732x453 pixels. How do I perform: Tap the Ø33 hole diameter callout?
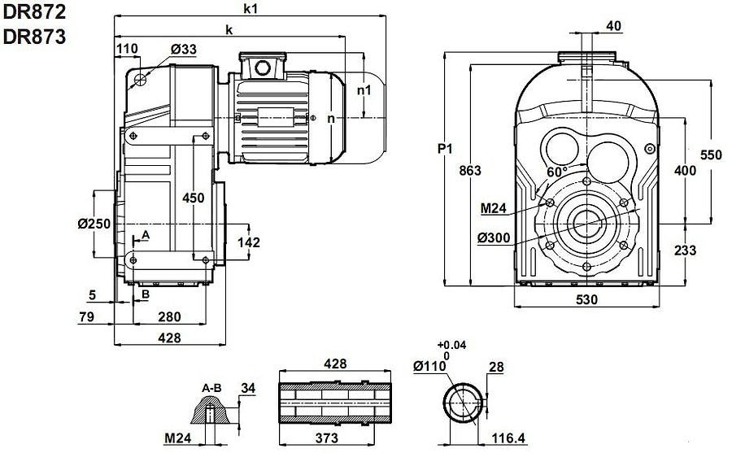(184, 50)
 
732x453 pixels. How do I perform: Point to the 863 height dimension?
(471, 171)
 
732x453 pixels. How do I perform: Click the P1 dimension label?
(445, 149)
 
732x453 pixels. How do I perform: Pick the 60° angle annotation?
(557, 172)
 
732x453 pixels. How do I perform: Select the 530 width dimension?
(586, 299)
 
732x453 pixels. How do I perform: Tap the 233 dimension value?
(685, 250)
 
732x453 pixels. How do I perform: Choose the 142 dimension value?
(248, 242)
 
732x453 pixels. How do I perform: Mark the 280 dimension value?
(169, 317)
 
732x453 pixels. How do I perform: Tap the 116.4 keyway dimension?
(508, 439)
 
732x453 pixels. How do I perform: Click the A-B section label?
(211, 389)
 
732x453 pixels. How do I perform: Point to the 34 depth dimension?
(248, 388)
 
